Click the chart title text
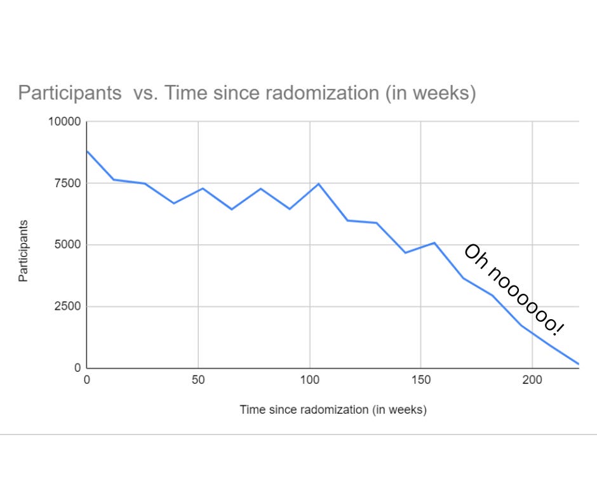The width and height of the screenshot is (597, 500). point(246,93)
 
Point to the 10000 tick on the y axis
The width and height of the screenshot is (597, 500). point(65,122)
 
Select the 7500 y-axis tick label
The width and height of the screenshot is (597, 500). point(67,183)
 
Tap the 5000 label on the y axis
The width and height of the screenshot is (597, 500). point(67,245)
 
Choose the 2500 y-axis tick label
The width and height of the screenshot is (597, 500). point(67,306)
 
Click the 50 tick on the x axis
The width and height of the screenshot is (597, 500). point(198,381)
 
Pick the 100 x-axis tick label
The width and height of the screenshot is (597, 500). point(309,381)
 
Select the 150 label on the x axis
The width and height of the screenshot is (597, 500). point(420,381)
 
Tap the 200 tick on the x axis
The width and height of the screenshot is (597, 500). point(532,381)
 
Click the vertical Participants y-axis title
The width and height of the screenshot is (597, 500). point(23,251)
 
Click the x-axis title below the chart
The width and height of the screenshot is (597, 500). point(333,409)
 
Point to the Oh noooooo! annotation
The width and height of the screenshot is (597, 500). point(513,289)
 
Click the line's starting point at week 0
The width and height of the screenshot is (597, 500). point(87,151)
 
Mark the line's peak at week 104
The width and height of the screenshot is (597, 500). point(318,184)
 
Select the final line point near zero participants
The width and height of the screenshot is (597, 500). point(578,364)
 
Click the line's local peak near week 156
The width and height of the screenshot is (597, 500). point(434,242)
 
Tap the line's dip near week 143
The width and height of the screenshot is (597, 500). point(405,253)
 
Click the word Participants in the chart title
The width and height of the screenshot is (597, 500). point(70,93)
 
